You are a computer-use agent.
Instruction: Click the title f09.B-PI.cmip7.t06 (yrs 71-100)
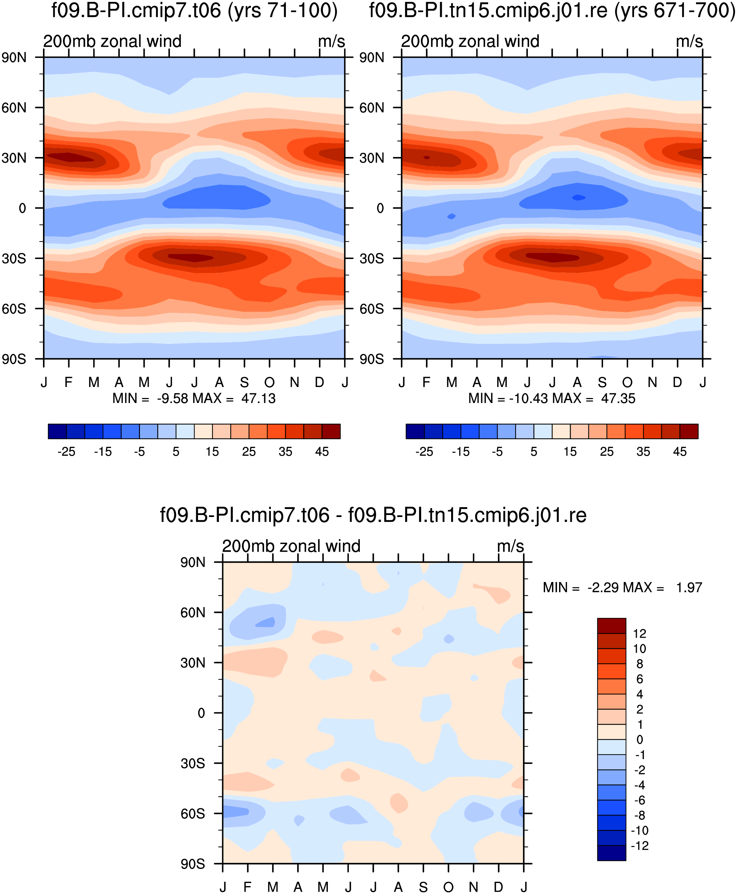pos(195,10)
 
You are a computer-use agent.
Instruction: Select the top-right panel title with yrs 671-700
pos(552,10)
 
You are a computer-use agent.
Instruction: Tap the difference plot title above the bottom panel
pos(373,515)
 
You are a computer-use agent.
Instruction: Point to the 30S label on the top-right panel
pos(372,259)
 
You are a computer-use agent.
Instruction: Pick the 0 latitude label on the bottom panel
pos(202,713)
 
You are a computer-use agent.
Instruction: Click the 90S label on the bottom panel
pos(193,864)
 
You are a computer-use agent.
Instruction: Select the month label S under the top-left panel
pos(245,383)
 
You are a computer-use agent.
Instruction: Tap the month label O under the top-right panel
pos(627,383)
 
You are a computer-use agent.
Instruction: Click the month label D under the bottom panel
pos(498,887)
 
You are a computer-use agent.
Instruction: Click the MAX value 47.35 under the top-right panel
pos(618,398)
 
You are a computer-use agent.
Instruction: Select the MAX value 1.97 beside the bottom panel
pos(689,587)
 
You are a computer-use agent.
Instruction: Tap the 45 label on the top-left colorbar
pos(322,451)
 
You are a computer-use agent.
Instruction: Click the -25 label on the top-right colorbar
pos(424,451)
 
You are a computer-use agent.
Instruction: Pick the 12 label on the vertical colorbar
pos(640,634)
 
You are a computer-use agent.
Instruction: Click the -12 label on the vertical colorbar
pos(640,846)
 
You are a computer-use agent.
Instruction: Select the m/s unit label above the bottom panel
pos(510,546)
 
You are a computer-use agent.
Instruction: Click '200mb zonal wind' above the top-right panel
pos(470,41)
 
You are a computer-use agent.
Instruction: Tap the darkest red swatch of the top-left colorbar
pos(331,431)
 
